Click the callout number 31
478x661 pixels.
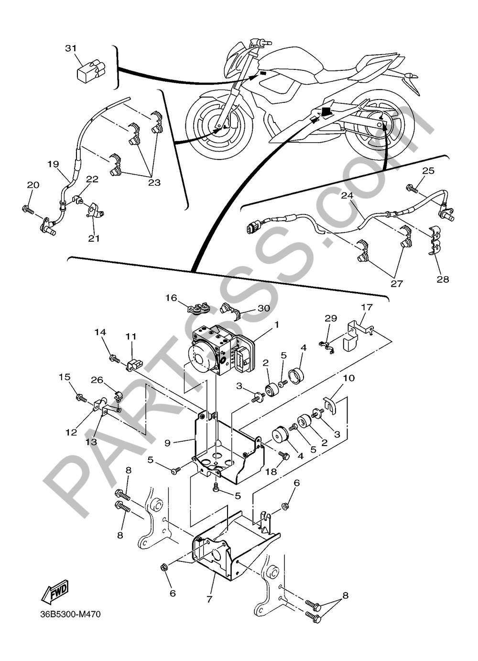click(71, 48)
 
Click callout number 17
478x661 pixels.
click(367, 307)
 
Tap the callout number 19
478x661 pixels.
click(54, 164)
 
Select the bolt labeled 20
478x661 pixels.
click(28, 210)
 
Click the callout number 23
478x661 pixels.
click(154, 183)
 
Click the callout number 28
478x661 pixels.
click(443, 279)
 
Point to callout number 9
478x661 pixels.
click(167, 443)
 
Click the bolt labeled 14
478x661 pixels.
click(115, 359)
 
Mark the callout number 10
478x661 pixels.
click(348, 378)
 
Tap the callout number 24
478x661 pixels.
click(348, 195)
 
